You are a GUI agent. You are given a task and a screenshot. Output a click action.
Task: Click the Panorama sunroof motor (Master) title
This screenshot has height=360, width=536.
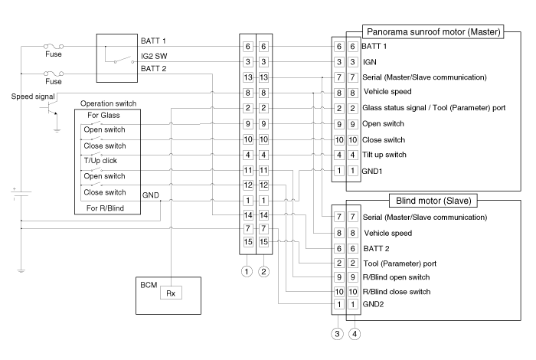pyautogui.click(x=433, y=32)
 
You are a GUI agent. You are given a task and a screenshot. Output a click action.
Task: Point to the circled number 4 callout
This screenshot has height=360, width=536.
pyautogui.click(x=354, y=333)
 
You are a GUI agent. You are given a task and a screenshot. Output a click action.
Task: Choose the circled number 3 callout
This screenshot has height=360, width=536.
pyautogui.click(x=338, y=333)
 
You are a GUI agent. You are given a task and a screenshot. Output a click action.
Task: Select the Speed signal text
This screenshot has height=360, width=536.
pyautogui.click(x=35, y=97)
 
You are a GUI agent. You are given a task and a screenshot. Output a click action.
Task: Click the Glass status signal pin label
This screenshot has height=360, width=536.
pyautogui.click(x=433, y=108)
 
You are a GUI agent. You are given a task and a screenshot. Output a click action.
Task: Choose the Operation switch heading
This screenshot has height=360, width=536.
pyautogui.click(x=108, y=103)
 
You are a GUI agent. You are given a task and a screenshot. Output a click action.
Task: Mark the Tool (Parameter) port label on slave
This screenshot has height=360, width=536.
pyautogui.click(x=401, y=263)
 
